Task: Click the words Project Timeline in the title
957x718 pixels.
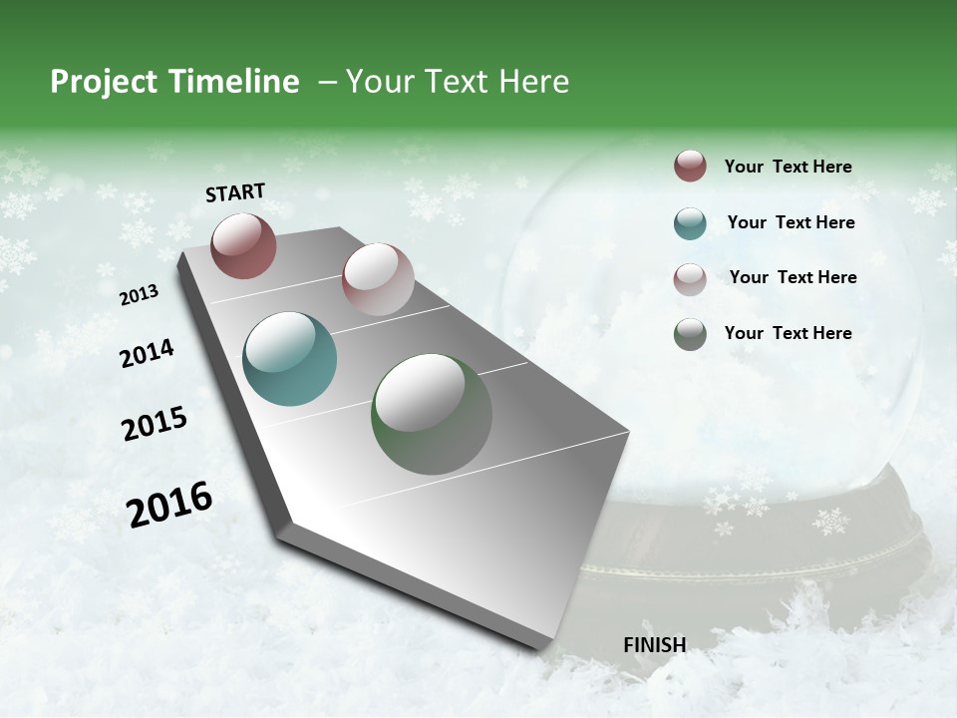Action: [174, 82]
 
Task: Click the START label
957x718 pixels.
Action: [235, 192]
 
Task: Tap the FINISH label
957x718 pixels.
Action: [654, 645]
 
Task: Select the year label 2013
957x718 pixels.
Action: [139, 295]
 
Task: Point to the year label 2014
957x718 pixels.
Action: [147, 353]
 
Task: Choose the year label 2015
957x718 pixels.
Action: [155, 424]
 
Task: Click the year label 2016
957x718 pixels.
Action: [169, 505]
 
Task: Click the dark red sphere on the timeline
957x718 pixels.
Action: [243, 245]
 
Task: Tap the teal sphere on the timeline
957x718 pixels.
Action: [289, 359]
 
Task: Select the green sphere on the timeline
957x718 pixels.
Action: [432, 414]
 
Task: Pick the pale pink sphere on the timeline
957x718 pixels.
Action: [378, 279]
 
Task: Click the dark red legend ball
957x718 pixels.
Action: [690, 167]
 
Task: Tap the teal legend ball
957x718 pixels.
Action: [690, 222]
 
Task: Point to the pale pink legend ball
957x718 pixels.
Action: [690, 278]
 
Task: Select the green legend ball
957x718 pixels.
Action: [690, 334]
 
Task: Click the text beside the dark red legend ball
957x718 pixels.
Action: [788, 168]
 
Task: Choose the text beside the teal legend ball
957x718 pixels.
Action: [791, 222]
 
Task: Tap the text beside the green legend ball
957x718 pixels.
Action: [788, 333]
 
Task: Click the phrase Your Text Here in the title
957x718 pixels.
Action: [458, 82]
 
